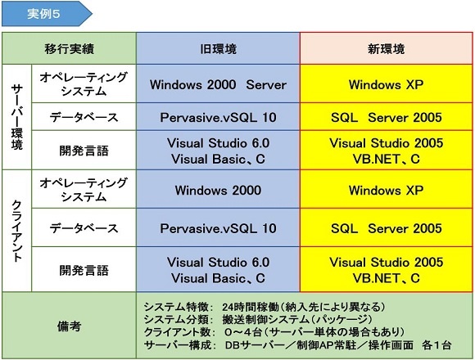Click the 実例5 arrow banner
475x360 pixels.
47,14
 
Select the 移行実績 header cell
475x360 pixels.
69,48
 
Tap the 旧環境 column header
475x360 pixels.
218,48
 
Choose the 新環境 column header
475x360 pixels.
387,48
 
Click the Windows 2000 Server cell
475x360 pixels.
218,83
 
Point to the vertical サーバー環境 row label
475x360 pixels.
17,117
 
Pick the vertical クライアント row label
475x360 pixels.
17,231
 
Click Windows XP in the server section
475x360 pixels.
387,84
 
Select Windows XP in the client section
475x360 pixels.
387,190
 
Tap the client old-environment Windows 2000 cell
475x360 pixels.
218,189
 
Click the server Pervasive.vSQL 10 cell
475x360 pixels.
218,117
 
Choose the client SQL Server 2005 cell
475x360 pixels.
387,227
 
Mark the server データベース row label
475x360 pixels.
84,117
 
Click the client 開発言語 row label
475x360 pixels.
84,270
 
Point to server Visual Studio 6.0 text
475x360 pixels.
218,143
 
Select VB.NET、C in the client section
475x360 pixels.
387,277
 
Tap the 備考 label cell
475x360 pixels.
69,326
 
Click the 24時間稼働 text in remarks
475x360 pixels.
251,307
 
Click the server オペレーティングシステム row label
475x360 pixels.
84,83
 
